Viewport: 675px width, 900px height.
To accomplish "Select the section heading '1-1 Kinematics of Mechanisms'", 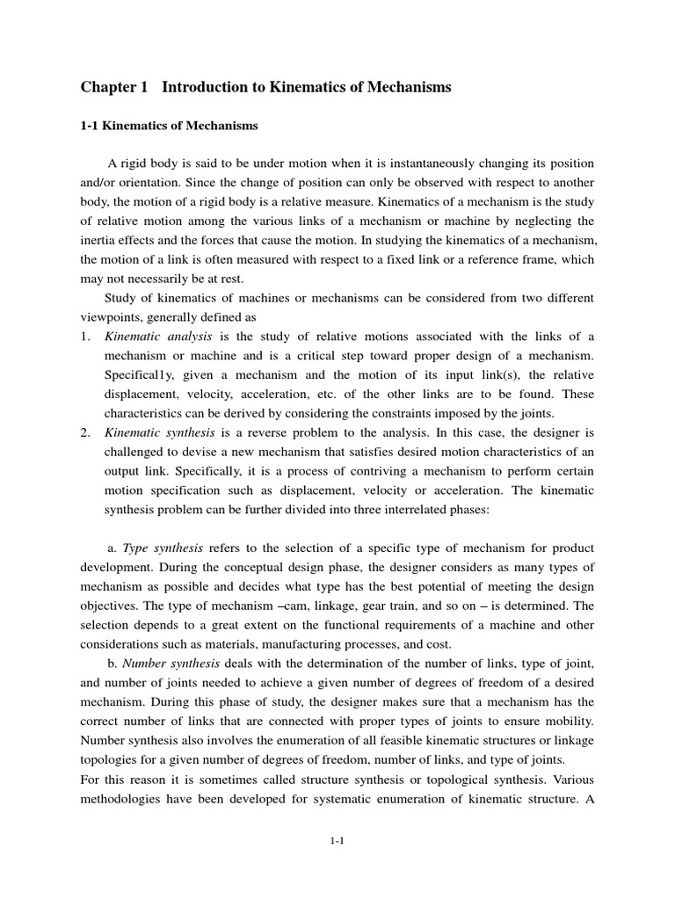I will pyautogui.click(x=170, y=126).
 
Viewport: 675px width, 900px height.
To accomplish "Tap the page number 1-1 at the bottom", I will pyautogui.click(x=337, y=841).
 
